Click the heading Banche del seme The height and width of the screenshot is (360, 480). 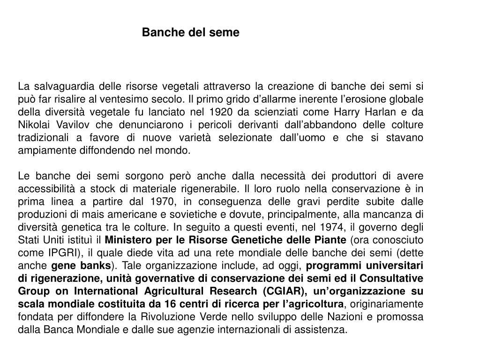pos(190,32)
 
